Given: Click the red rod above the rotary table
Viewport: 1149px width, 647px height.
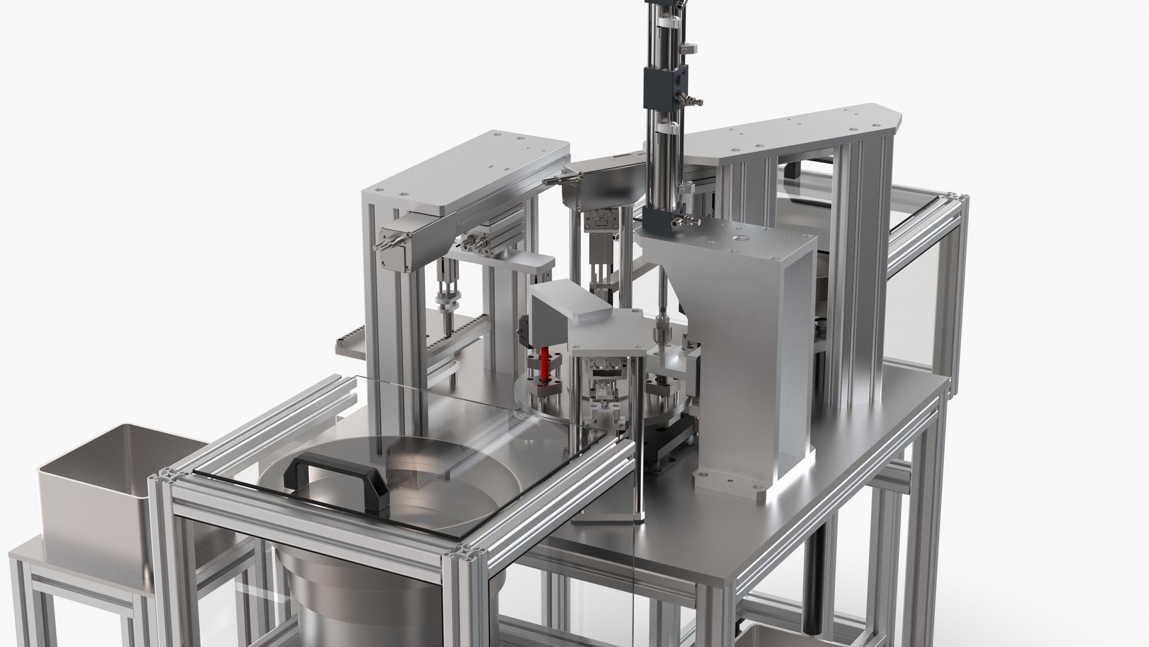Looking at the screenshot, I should click(x=545, y=365).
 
